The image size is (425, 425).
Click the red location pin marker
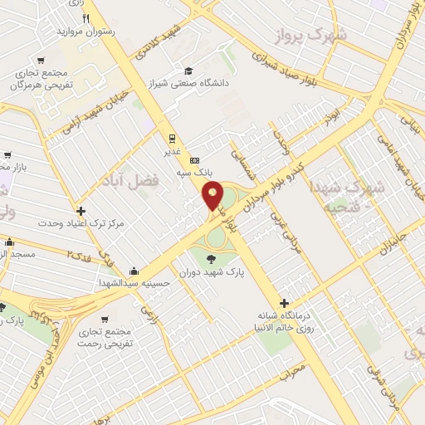click(213, 197)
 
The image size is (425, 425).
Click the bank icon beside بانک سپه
click(194, 160)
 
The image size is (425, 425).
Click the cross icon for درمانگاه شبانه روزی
click(285, 304)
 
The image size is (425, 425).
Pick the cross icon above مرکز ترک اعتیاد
click(81, 211)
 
